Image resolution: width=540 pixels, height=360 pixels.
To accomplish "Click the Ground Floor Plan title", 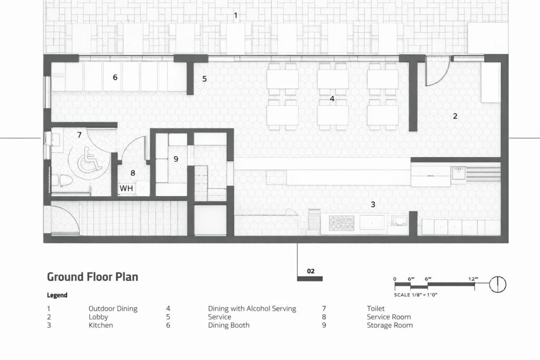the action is point(92,277).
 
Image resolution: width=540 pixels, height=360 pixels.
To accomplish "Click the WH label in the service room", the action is point(126,188).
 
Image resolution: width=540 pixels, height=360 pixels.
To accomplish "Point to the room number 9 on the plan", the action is point(176,159).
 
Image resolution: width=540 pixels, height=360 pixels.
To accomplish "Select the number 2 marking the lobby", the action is point(455,116).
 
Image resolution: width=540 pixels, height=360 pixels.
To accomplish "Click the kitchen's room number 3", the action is point(373,205).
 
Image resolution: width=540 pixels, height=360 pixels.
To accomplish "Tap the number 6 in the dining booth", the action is point(115,77).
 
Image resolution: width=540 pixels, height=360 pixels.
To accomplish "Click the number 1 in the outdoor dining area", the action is point(236,15).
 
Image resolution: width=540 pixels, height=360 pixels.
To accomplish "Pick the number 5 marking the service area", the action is point(204,79).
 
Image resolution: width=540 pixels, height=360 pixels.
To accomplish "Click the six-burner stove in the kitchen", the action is point(342,223).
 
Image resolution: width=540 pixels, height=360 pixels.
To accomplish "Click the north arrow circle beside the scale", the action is point(498,285).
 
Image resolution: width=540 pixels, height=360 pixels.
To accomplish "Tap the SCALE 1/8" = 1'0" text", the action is point(416,295).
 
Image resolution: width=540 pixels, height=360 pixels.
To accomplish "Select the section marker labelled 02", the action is point(310,271).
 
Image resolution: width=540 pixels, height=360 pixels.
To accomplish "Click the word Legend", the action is point(57,295).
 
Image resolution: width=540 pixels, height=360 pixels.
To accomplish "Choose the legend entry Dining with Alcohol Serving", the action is point(252,309).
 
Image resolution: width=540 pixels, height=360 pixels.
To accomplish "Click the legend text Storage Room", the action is point(390,325).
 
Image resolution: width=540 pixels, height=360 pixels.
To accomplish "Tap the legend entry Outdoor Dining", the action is point(113,309).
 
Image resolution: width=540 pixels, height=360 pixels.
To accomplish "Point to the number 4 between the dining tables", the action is point(332,99).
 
